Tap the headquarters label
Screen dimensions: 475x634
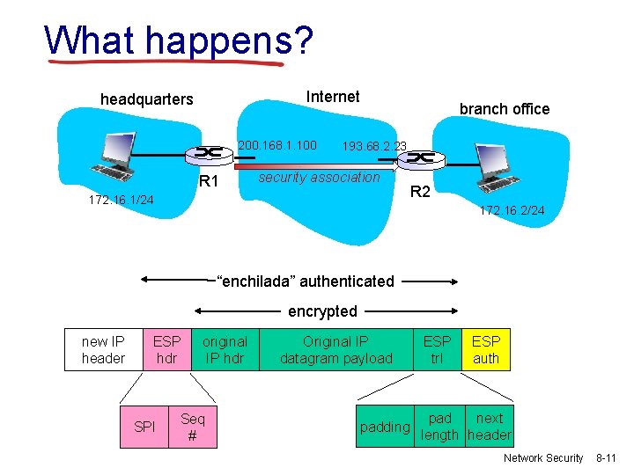(146, 99)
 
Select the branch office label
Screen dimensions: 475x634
(504, 109)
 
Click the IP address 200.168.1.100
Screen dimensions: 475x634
(277, 143)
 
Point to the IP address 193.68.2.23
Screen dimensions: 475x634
(374, 146)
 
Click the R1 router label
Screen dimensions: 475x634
(209, 182)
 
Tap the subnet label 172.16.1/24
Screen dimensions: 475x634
(121, 201)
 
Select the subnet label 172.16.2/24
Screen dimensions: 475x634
(512, 210)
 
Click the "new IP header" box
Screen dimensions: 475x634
(103, 349)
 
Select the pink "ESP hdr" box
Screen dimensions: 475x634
(166, 349)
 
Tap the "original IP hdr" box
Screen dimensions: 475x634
(225, 349)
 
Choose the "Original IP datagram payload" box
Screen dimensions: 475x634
(335, 349)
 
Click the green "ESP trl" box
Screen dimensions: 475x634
(437, 349)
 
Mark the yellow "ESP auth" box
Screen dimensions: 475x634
(486, 349)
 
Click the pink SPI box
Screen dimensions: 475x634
(144, 427)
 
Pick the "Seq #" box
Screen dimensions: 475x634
(192, 427)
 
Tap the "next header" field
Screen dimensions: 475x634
(490, 427)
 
